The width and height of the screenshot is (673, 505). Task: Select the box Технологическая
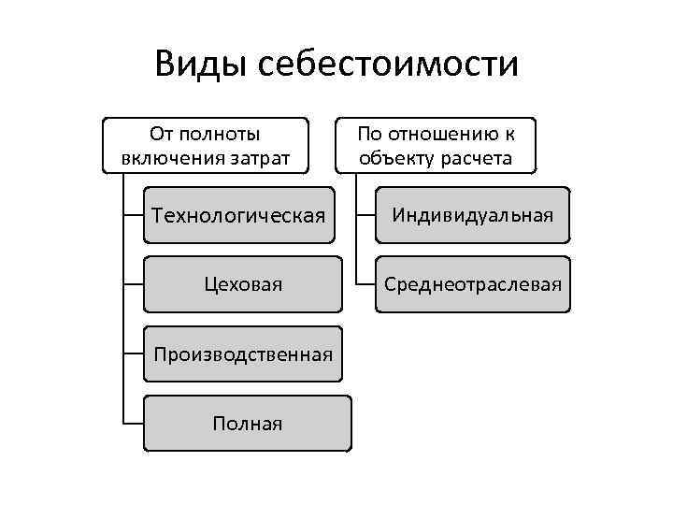(x=239, y=216)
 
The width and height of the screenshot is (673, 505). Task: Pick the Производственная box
(x=244, y=354)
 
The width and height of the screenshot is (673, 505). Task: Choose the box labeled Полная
(x=248, y=424)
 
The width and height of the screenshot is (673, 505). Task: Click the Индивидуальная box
(x=473, y=215)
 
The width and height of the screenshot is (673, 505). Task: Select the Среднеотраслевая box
(x=473, y=283)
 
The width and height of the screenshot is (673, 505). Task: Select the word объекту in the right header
(x=394, y=157)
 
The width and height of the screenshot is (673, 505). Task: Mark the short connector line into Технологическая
(x=133, y=216)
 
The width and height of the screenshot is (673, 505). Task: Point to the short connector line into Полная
(x=133, y=424)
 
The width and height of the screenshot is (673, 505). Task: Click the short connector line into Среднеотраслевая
(x=365, y=283)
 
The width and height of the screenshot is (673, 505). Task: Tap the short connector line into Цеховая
(x=133, y=283)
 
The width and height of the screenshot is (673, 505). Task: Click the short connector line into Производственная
(x=133, y=354)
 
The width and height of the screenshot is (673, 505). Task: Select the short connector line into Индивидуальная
(x=365, y=215)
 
